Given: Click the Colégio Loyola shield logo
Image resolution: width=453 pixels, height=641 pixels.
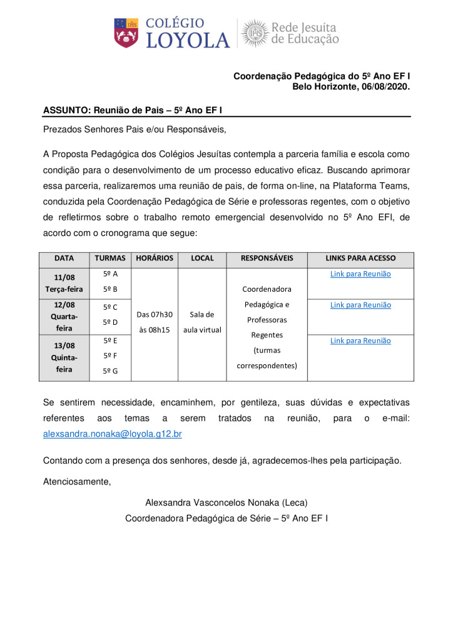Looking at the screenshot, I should [x=126, y=33].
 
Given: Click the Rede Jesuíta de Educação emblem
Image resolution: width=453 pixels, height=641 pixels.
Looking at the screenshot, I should [x=254, y=33].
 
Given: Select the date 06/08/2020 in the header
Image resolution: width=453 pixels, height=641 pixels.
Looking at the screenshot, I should [x=386, y=87].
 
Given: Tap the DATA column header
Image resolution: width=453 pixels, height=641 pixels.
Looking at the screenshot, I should [x=64, y=258].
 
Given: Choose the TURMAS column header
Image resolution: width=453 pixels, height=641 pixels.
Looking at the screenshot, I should [x=110, y=258].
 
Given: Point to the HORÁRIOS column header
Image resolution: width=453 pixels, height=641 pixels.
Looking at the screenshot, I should [x=154, y=258].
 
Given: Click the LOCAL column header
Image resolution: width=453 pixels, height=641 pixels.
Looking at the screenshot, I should [x=202, y=258].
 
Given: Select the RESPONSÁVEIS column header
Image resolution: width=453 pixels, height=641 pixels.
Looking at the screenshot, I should [x=267, y=258].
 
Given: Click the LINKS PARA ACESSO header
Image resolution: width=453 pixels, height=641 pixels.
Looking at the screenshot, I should [x=360, y=258].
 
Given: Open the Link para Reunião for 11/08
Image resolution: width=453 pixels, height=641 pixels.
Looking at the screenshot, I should [x=360, y=274].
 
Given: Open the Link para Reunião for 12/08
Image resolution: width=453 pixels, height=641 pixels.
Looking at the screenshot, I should [x=360, y=305].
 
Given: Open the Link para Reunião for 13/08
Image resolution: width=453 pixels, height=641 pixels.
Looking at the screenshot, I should [x=360, y=341].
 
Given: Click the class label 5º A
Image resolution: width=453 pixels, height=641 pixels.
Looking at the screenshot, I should [x=110, y=274].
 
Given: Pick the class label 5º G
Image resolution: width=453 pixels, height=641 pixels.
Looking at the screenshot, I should [x=110, y=371].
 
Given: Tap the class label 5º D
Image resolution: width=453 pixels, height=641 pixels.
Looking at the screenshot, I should [x=110, y=322].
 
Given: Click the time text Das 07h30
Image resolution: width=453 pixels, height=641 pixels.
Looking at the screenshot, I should [x=154, y=314].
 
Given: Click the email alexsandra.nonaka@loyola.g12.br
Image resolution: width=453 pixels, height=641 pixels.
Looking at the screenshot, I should [x=113, y=433].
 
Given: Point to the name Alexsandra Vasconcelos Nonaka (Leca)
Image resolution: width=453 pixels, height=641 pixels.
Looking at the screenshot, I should [x=227, y=503].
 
